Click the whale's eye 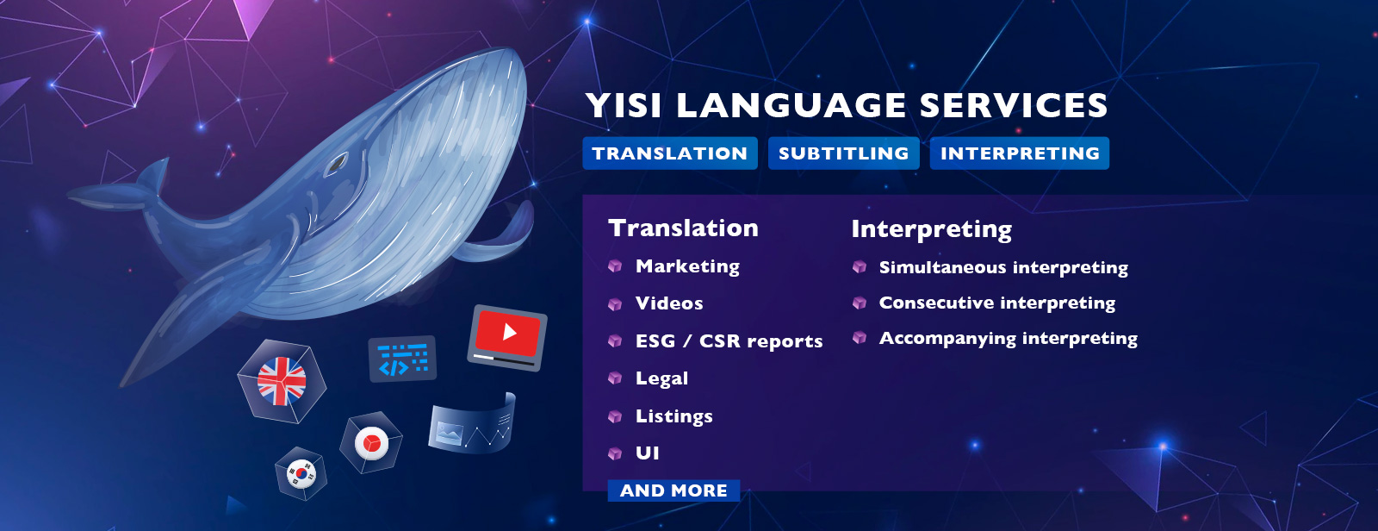[336, 163]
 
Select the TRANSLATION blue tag [670, 153]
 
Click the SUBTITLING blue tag [843, 153]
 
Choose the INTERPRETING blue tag [1020, 153]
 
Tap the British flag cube [282, 381]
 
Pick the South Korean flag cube [301, 473]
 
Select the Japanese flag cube [371, 442]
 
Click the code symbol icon [402, 359]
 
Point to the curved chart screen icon [472, 424]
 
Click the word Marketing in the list [687, 266]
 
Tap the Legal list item [662, 378]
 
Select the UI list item [647, 453]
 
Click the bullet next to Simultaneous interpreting [860, 266]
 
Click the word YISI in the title [624, 105]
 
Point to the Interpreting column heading [931, 230]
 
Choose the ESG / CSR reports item [729, 341]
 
